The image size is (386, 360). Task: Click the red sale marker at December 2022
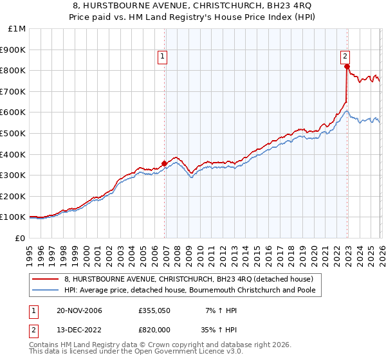click(x=347, y=66)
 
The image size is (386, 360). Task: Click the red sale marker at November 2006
click(x=165, y=163)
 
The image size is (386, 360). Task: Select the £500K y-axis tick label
click(x=14, y=134)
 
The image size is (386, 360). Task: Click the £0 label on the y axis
click(x=21, y=238)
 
